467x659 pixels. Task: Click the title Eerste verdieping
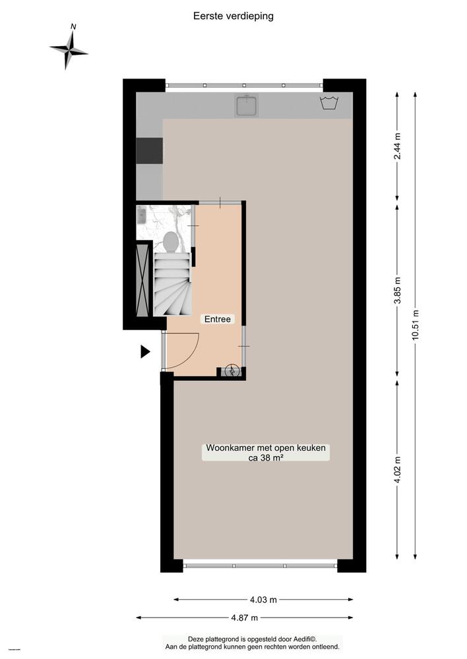click(x=233, y=16)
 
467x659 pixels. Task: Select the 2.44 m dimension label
click(x=397, y=148)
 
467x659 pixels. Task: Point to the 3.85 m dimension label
click(x=397, y=291)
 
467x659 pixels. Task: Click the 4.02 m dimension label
click(x=397, y=469)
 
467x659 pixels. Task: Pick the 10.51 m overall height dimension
click(x=416, y=324)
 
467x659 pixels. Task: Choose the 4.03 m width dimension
click(x=263, y=600)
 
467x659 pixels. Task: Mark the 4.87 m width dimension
click(x=244, y=617)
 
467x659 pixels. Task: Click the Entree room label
click(x=218, y=319)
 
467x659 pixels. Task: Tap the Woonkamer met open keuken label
click(x=266, y=453)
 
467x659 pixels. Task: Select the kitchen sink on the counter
click(x=247, y=105)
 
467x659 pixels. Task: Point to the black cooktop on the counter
click(x=150, y=150)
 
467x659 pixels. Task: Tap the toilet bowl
click(x=170, y=241)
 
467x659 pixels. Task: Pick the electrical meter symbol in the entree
click(x=232, y=372)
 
